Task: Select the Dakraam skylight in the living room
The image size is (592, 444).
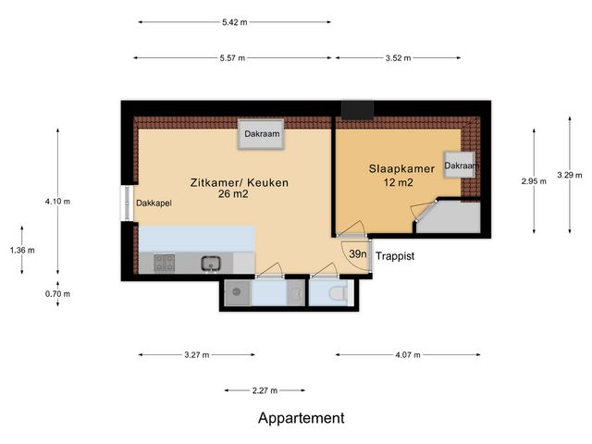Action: (x=262, y=134)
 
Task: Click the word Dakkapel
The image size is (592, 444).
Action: (x=152, y=203)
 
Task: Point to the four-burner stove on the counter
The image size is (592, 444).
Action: (x=166, y=263)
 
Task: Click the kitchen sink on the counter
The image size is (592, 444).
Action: (x=210, y=263)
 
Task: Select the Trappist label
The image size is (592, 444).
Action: (x=394, y=255)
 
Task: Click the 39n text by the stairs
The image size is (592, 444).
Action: (x=358, y=254)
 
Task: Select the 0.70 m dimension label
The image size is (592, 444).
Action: (x=58, y=293)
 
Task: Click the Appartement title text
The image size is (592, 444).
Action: (x=301, y=418)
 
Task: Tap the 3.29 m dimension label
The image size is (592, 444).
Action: (x=570, y=174)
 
